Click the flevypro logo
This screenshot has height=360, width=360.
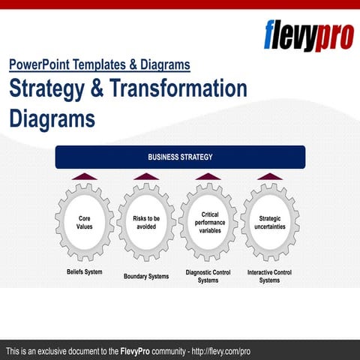pyautogui.click(x=307, y=34)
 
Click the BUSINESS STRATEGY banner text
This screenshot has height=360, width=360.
pyautogui.click(x=180, y=157)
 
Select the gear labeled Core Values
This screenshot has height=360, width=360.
pyautogui.click(x=85, y=223)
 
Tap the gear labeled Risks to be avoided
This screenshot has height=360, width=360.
pyautogui.click(x=146, y=223)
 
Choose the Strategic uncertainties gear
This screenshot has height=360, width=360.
pyautogui.click(x=270, y=223)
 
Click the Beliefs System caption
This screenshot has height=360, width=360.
pyautogui.click(x=84, y=271)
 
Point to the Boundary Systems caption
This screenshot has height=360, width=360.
pyautogui.click(x=146, y=276)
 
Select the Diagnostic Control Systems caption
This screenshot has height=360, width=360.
pyautogui.click(x=208, y=276)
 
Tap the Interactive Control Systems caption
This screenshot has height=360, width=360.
pyautogui.click(x=269, y=276)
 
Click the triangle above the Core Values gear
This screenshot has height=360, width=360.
pyautogui.click(x=85, y=177)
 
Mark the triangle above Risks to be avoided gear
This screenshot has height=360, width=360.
pyautogui.click(x=146, y=177)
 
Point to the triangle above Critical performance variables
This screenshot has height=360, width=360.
pyautogui.click(x=208, y=177)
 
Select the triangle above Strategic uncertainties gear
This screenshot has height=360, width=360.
pyautogui.click(x=270, y=177)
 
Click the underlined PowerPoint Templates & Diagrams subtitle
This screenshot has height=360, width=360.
pyautogui.click(x=100, y=64)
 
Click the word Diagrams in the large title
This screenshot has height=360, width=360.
pyautogui.click(x=52, y=118)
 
